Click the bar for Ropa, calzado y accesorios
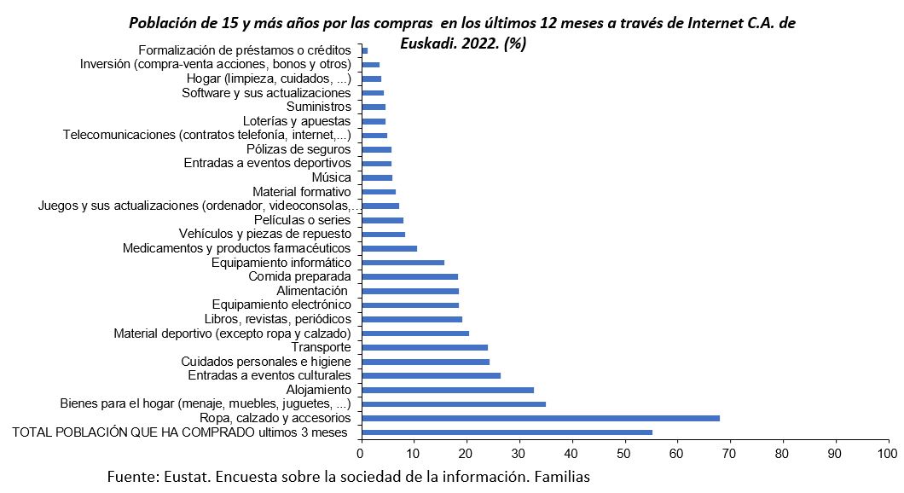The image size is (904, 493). point(541,418)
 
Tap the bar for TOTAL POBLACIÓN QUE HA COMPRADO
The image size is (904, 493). point(507,432)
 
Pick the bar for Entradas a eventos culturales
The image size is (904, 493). point(431,375)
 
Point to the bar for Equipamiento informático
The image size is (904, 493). point(403,263)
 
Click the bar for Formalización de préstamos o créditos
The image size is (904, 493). point(365,50)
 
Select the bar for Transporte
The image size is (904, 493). point(425,347)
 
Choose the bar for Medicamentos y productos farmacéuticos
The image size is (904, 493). point(390,248)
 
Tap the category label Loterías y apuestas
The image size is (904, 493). point(297,121)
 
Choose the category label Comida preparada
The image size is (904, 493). point(299,276)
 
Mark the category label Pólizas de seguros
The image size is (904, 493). point(298,149)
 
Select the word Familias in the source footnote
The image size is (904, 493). point(557,477)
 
